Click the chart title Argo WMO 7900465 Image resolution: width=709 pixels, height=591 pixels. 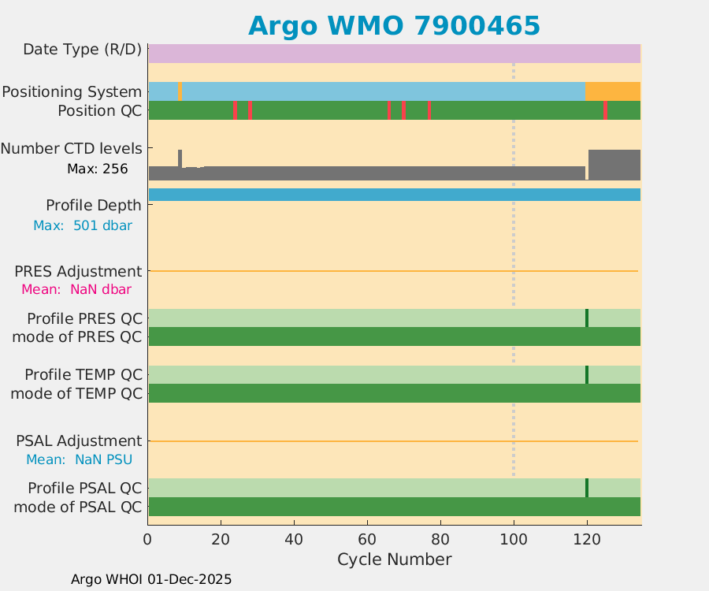394,25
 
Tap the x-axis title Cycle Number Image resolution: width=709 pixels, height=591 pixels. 394,559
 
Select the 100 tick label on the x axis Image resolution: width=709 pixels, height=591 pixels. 514,539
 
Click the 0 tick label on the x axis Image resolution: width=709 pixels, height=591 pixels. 147,539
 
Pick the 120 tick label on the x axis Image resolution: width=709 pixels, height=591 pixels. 587,539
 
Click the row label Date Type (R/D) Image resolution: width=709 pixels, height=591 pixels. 82,50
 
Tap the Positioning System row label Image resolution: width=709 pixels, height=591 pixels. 72,91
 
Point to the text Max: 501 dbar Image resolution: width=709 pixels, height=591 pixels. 83,225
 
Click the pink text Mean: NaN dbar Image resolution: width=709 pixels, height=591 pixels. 76,289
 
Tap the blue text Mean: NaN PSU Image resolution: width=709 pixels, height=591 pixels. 79,459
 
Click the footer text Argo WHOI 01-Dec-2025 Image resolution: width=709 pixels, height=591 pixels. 151,579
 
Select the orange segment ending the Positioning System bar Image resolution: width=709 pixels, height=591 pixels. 613,91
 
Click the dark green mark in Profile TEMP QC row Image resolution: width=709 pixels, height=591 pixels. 587,374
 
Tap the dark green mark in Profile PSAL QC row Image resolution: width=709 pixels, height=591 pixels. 587,488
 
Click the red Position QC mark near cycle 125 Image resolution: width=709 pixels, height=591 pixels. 605,110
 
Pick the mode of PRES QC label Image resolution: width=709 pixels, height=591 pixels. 77,337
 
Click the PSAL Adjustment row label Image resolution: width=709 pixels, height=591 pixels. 79,440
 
